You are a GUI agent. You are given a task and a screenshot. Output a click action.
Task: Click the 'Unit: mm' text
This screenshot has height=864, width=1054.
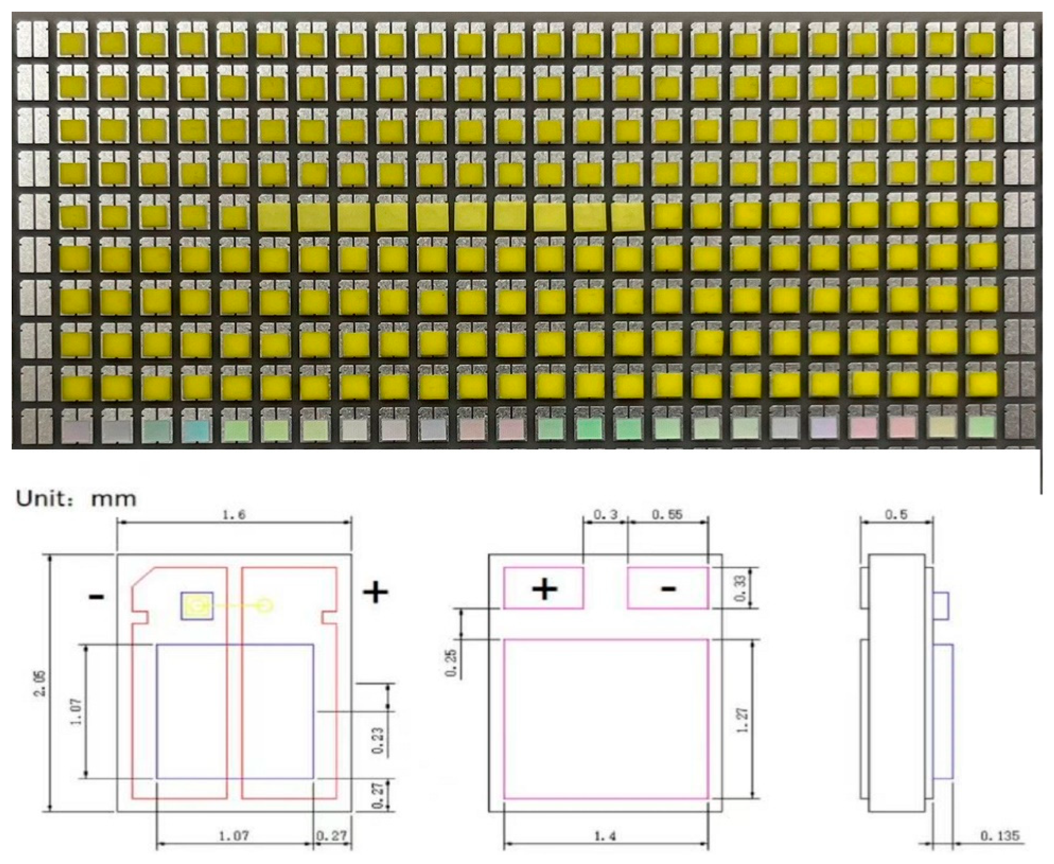click(x=76, y=498)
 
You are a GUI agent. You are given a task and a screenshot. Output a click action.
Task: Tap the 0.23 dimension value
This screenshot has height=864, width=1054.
click(x=378, y=741)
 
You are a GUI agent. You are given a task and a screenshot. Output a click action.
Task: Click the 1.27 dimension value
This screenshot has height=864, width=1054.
click(x=742, y=720)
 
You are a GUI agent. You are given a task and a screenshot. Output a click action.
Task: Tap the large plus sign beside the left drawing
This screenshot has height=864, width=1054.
click(x=375, y=592)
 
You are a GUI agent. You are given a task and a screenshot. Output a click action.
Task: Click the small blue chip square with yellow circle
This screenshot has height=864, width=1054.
click(x=197, y=606)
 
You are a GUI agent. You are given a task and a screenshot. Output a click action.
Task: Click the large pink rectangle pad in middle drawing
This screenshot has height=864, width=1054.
click(x=605, y=719)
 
